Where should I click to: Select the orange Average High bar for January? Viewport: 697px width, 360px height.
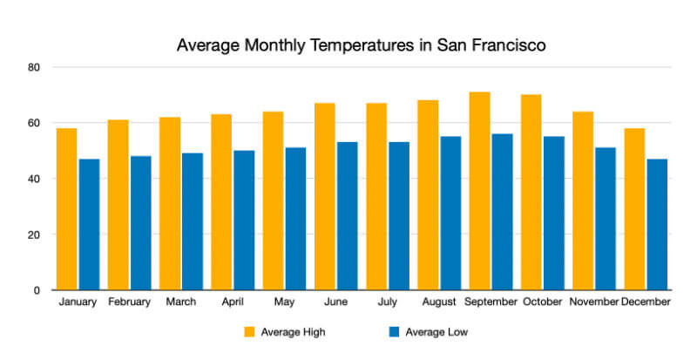click(66, 209)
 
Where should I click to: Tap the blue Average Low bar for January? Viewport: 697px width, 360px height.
click(89, 224)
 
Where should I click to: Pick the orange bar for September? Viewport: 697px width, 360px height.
click(479, 191)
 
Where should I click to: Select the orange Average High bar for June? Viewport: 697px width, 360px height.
click(325, 196)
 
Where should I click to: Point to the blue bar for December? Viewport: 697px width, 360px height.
click(657, 224)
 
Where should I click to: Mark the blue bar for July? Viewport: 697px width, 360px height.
click(399, 215)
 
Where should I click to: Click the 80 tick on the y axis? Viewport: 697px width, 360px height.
click(35, 67)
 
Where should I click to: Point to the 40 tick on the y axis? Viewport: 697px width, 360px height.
click(35, 179)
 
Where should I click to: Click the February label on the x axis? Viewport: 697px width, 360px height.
click(129, 302)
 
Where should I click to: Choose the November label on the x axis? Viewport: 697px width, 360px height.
click(593, 302)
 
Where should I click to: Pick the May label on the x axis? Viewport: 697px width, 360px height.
click(284, 302)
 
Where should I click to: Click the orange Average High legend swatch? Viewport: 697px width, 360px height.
click(248, 332)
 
